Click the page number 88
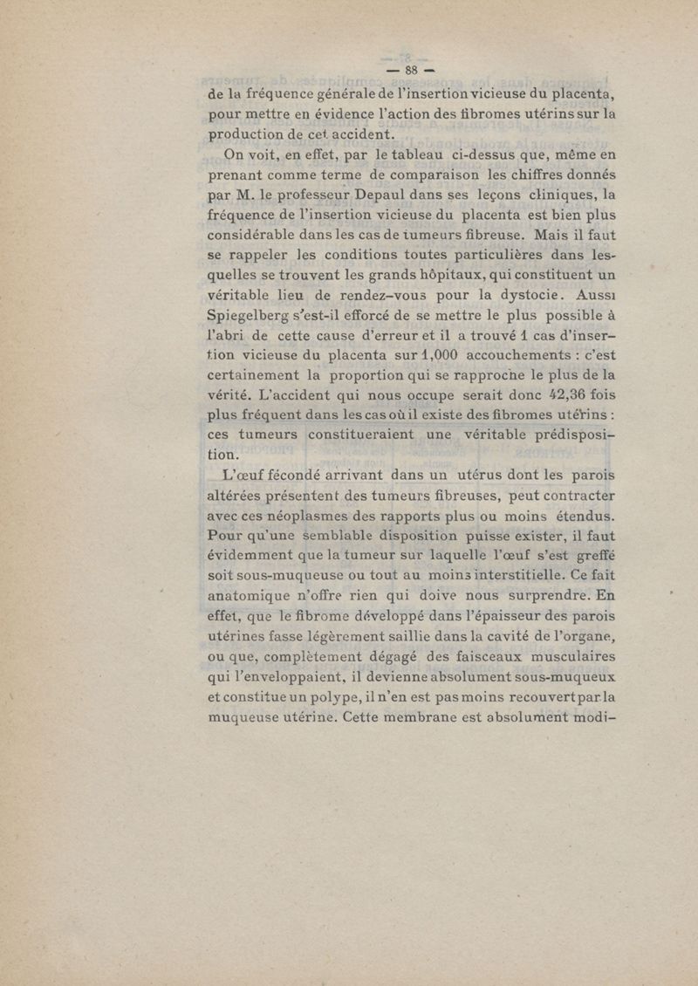(x=410, y=69)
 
